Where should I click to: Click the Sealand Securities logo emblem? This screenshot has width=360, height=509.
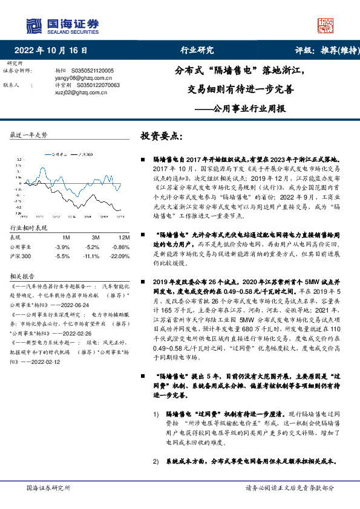(x=34, y=25)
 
